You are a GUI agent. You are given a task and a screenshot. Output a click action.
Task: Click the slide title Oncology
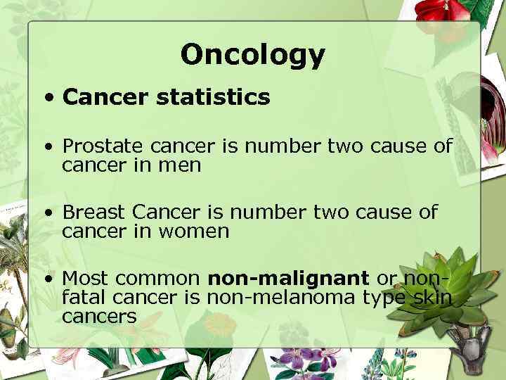252,54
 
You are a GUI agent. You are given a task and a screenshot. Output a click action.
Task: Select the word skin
432,298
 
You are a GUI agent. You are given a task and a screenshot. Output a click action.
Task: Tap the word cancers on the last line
99,317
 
